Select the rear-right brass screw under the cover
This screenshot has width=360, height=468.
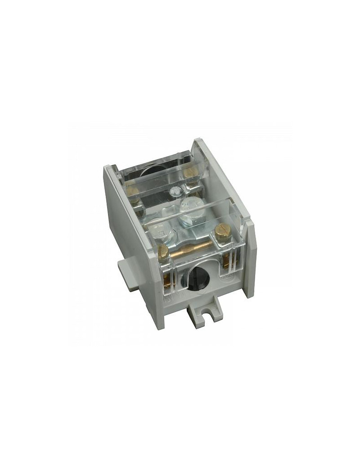click(x=191, y=182)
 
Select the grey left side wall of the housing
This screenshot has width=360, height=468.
click(x=125, y=225)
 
